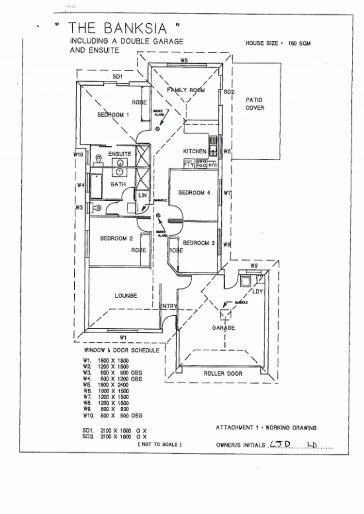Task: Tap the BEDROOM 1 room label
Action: pyautogui.click(x=113, y=115)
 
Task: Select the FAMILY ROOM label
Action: pyautogui.click(x=186, y=90)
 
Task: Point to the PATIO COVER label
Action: pyautogui.click(x=255, y=103)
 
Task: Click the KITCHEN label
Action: pyautogui.click(x=195, y=152)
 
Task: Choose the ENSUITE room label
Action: pyautogui.click(x=119, y=154)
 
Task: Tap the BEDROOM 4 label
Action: pyautogui.click(x=194, y=193)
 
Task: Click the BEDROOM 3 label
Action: pyautogui.click(x=199, y=243)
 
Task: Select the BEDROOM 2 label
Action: pyautogui.click(x=116, y=238)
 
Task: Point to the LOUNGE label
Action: pyautogui.click(x=126, y=295)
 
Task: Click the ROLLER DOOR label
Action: pyautogui.click(x=222, y=373)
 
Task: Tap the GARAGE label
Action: pyautogui.click(x=223, y=328)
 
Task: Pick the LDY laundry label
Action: pyautogui.click(x=258, y=291)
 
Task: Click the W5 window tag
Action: pyautogui.click(x=184, y=61)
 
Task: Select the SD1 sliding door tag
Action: pyautogui.click(x=117, y=77)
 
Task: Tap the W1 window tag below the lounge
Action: pyautogui.click(x=123, y=337)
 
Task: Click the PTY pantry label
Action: pyautogui.click(x=189, y=165)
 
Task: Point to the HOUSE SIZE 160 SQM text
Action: pyautogui.click(x=278, y=43)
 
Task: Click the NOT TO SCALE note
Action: pyautogui.click(x=160, y=444)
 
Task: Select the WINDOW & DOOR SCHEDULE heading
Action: pyautogui.click(x=122, y=350)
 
